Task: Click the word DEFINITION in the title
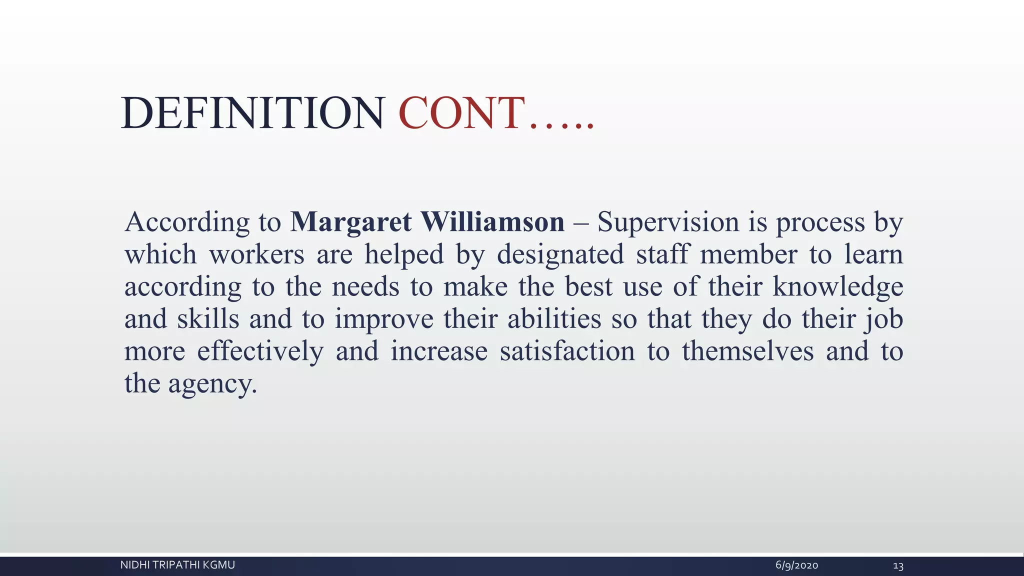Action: point(252,113)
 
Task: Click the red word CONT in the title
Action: point(461,113)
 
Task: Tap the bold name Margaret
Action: point(351,222)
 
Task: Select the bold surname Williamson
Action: point(492,222)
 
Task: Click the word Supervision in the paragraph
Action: point(668,222)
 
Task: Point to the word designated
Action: point(560,254)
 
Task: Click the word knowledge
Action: point(837,286)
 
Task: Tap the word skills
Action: point(208,319)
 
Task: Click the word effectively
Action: point(260,351)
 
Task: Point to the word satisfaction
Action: point(567,351)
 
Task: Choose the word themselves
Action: point(747,351)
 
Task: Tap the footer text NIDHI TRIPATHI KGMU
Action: point(177,565)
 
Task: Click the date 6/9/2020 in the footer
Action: point(796,565)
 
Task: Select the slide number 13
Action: point(898,566)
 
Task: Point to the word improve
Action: point(383,319)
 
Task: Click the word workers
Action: point(256,254)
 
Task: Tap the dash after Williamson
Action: point(580,223)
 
